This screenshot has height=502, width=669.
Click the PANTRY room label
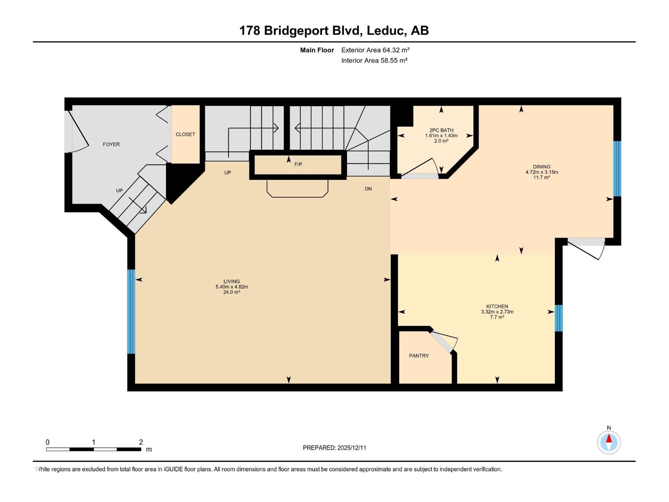[x=419, y=356]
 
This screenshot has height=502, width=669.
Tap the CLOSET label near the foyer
[x=185, y=134]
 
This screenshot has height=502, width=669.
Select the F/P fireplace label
[x=298, y=164]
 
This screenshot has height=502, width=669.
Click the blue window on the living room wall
[x=131, y=311]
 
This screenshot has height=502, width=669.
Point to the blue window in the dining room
[x=617, y=169]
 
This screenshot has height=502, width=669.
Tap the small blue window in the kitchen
[x=558, y=318]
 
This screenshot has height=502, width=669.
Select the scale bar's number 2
[x=141, y=442]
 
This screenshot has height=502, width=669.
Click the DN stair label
[x=368, y=189]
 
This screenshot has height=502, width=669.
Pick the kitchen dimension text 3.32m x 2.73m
[x=497, y=312]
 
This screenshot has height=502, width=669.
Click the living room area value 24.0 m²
[x=232, y=292]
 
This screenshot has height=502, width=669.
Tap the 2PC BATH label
[x=441, y=130]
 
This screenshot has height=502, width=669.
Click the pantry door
[x=444, y=341]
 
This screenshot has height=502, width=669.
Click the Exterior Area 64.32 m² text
[x=375, y=50]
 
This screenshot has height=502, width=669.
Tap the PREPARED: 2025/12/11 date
[x=334, y=448]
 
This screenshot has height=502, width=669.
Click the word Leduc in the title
[x=387, y=31]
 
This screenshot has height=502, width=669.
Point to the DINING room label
[x=541, y=166]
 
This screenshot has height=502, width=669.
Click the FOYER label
[x=111, y=144]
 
